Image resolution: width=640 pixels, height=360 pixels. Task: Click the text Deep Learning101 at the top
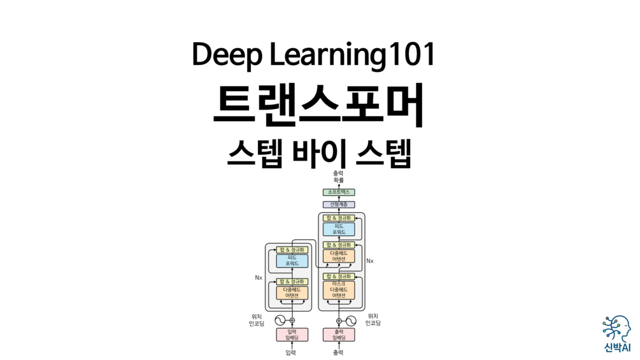pos(313,56)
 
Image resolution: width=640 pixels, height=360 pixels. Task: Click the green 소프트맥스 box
pos(339,192)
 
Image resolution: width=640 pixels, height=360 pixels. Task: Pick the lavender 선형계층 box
pos(339,205)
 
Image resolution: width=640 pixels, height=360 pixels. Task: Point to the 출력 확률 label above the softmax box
pos(339,176)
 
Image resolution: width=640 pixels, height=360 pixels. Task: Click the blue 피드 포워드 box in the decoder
pos(339,229)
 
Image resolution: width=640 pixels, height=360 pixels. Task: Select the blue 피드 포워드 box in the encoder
pos(292,261)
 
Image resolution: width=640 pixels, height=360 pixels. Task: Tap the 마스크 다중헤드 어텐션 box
pos(339,289)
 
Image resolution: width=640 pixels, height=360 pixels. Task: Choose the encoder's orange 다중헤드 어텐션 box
pos(292,292)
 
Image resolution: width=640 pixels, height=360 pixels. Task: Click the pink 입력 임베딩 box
pos(292,335)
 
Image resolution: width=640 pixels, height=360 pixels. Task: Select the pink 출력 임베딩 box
pos(339,335)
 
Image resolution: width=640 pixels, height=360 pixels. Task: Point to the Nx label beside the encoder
pos(259,278)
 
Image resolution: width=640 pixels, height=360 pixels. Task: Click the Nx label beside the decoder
pos(370,261)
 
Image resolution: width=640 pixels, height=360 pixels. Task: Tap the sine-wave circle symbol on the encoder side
pos(279,320)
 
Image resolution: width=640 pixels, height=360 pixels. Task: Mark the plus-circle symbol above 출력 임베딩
pos(339,320)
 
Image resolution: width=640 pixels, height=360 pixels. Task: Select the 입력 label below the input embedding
pos(292,352)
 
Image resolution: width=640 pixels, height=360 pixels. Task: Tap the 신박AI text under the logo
pos(615,348)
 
